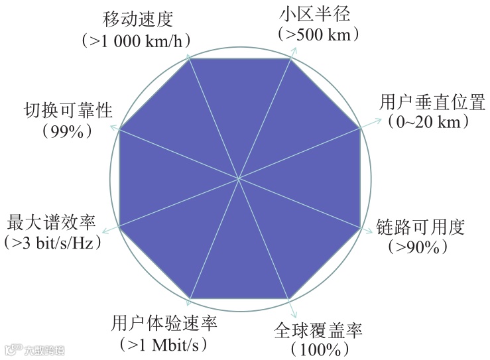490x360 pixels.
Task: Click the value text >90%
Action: click(418, 247)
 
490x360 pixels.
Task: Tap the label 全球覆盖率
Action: click(319, 328)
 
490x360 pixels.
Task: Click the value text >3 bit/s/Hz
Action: click(52, 243)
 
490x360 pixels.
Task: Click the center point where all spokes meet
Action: click(239, 178)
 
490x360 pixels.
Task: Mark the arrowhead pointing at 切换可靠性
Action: click(112, 126)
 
